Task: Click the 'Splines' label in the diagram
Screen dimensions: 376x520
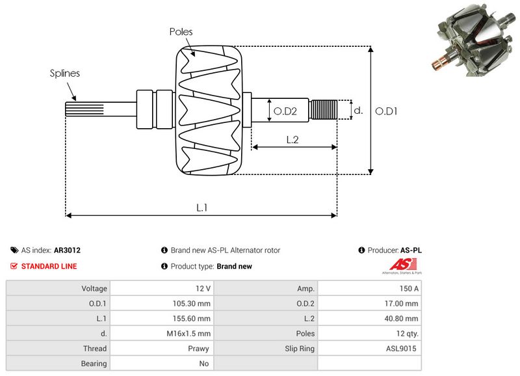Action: click(x=65, y=74)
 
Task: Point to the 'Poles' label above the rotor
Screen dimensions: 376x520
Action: click(x=181, y=31)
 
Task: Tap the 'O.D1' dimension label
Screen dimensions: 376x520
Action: click(x=387, y=111)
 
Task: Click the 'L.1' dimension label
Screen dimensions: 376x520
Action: click(x=202, y=208)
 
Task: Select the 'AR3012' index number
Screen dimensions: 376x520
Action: click(x=67, y=250)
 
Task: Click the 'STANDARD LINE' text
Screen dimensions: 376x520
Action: click(x=49, y=266)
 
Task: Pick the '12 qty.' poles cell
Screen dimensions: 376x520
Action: click(x=406, y=334)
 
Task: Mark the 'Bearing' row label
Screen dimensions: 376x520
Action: click(x=94, y=364)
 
